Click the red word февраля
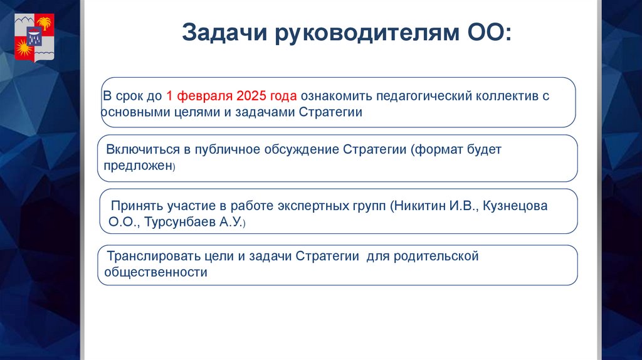206,97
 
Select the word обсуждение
303,151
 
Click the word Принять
137,206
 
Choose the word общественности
156,273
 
